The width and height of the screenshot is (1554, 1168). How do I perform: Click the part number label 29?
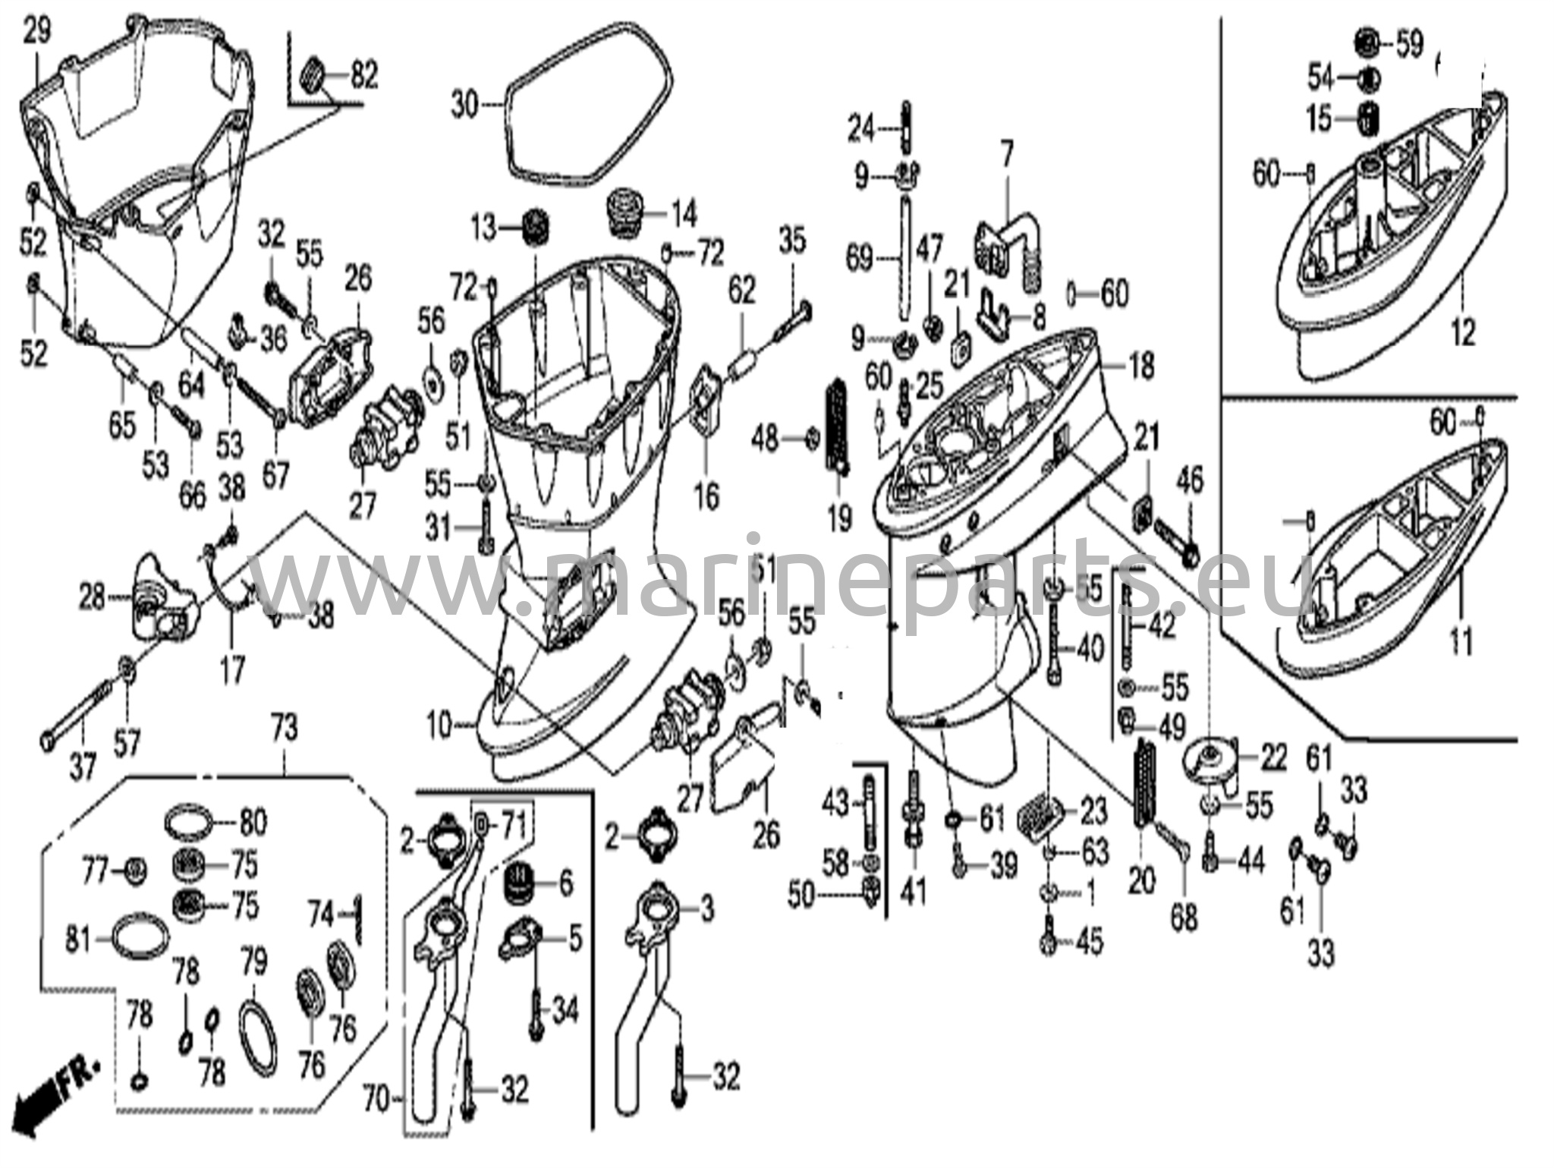click(x=36, y=33)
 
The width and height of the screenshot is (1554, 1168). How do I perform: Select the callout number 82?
click(x=364, y=76)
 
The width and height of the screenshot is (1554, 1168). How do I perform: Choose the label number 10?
click(x=439, y=725)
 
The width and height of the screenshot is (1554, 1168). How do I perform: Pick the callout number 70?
click(x=376, y=1098)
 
